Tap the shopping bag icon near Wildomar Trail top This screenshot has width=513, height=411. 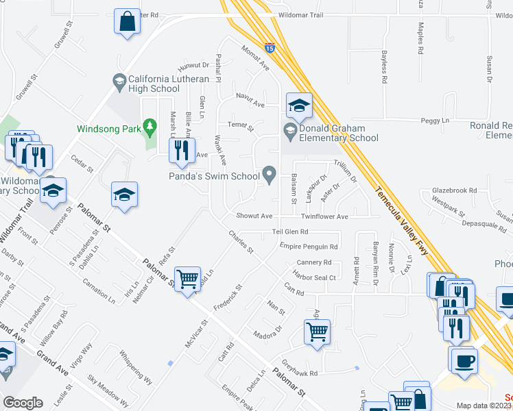(x=128, y=21)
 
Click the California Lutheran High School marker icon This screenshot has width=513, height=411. (x=120, y=82)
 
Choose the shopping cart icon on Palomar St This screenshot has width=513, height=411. (x=187, y=279)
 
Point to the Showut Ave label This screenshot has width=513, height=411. (x=254, y=215)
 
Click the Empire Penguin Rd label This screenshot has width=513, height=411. (x=310, y=247)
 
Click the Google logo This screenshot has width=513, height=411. (x=23, y=403)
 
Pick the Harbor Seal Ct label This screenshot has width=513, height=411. (x=313, y=277)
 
